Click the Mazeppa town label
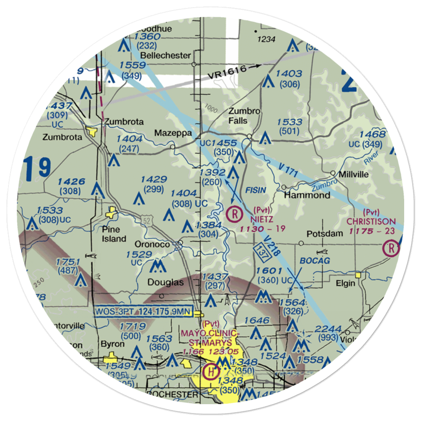(173, 133)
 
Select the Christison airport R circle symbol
(391, 248)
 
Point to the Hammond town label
(306, 195)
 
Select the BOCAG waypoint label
(314, 261)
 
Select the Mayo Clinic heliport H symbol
(209, 372)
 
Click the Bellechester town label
(165, 55)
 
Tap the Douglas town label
(165, 282)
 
